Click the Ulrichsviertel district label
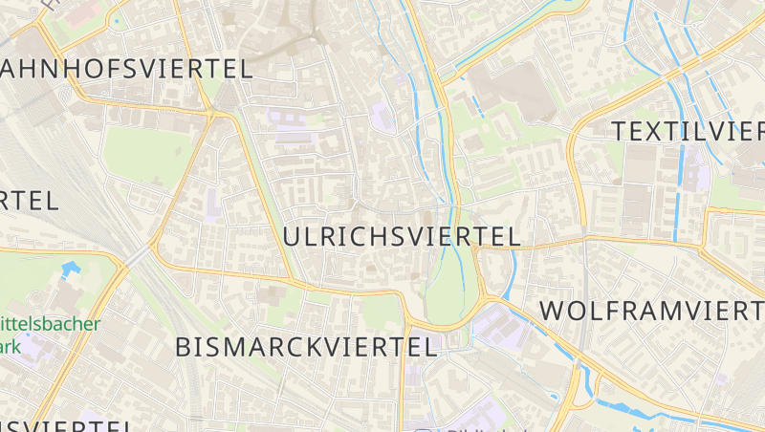tap(402, 236)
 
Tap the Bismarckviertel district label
tap(306, 348)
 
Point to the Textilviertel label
tap(688, 131)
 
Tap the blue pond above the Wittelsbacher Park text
tap(68, 270)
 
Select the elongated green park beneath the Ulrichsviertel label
tap(446, 287)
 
